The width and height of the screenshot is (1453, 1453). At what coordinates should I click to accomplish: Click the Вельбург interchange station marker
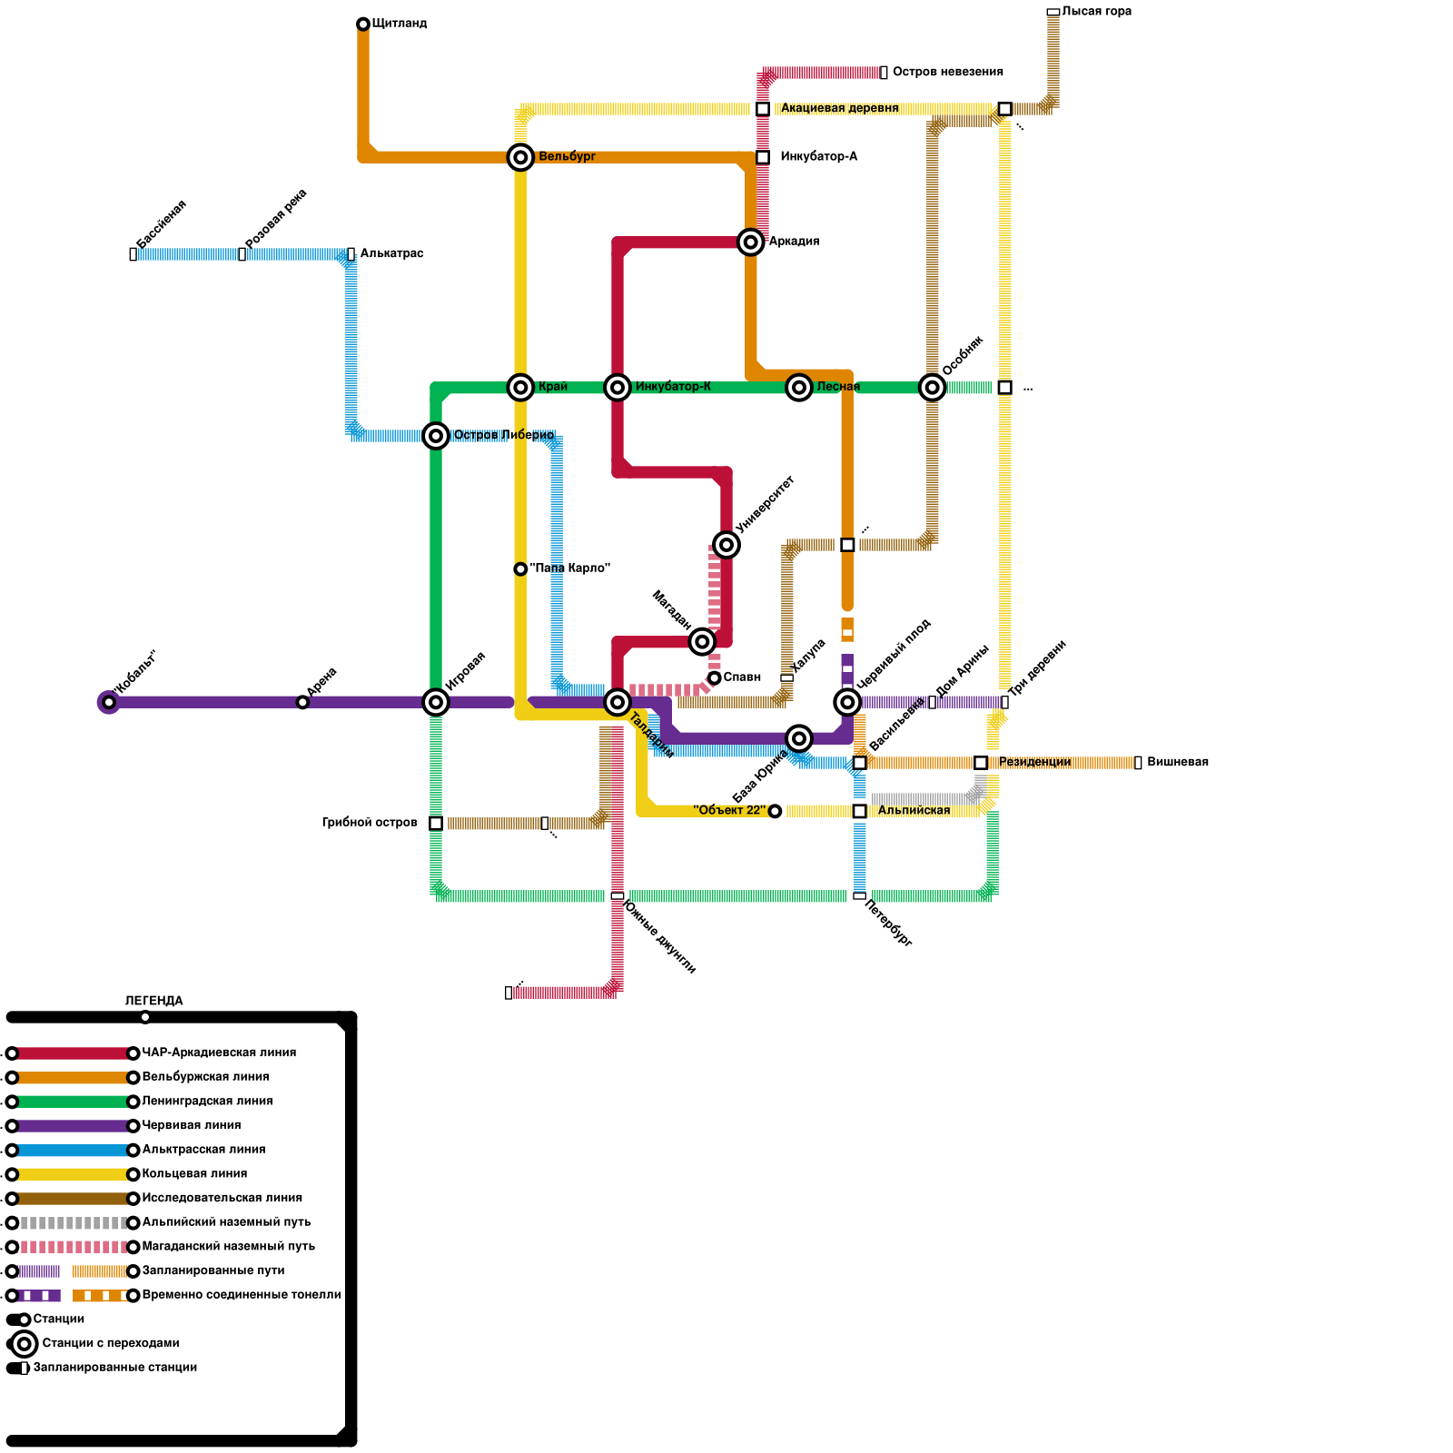[x=520, y=157]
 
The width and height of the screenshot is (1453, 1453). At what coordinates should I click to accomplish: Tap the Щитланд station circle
[x=363, y=24]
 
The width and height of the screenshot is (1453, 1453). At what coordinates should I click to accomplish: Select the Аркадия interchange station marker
[x=750, y=242]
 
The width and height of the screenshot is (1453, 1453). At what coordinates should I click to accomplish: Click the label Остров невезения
[x=947, y=72]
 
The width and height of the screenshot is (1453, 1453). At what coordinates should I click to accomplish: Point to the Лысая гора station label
[x=1096, y=12]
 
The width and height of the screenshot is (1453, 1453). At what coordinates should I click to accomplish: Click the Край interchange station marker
[x=520, y=388]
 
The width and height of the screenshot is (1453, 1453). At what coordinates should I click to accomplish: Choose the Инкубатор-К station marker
[x=618, y=388]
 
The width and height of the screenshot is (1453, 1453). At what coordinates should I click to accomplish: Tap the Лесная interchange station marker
[x=799, y=388]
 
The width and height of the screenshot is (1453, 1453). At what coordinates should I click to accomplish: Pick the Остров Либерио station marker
[x=436, y=436]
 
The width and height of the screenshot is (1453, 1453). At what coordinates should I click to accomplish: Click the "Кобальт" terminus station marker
[x=109, y=702]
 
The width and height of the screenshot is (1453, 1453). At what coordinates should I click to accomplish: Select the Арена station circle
[x=302, y=702]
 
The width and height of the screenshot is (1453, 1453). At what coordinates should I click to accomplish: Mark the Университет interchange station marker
[x=726, y=545]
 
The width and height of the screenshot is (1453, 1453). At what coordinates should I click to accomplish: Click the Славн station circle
[x=715, y=677]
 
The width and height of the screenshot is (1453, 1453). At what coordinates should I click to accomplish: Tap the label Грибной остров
[x=370, y=823]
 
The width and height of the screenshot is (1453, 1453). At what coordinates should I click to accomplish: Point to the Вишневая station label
[x=1177, y=762]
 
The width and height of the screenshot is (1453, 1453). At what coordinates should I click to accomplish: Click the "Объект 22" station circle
[x=775, y=811]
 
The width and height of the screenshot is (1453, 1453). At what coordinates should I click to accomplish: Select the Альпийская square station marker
[x=859, y=811]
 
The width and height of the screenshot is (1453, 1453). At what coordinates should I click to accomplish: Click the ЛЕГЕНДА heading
[x=153, y=1001]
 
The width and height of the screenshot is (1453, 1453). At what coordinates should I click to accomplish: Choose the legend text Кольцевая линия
[x=194, y=1173]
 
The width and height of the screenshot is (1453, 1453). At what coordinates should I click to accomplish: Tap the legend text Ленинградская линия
[x=207, y=1101]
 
